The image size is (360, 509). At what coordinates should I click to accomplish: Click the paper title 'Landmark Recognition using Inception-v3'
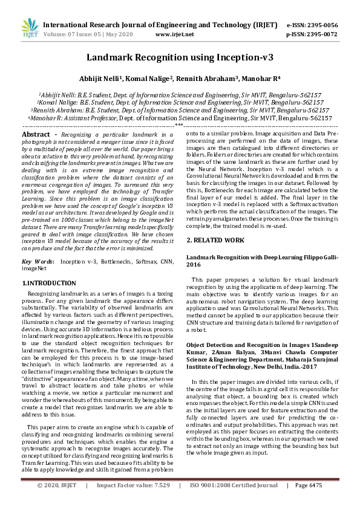(180, 57)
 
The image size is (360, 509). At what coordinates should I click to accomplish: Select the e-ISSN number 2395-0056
(319, 25)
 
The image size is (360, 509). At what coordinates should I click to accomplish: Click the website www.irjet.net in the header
(175, 34)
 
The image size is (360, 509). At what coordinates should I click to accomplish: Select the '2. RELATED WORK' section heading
(216, 240)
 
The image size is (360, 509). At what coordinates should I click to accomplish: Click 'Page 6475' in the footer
(309, 502)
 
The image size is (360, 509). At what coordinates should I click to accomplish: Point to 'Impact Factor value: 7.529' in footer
(133, 502)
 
